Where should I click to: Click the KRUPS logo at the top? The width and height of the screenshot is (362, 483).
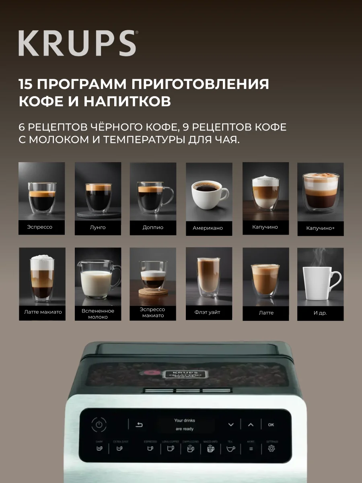tap(77, 43)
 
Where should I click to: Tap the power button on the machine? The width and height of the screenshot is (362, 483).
tap(99, 424)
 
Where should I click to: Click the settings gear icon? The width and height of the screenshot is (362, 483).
tap(271, 448)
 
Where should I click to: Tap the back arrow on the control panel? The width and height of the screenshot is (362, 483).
tap(139, 424)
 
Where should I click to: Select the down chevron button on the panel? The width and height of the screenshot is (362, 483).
tap(230, 424)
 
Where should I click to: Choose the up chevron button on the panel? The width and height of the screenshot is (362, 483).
tap(251, 424)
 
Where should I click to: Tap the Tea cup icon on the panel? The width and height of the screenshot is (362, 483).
tap(230, 448)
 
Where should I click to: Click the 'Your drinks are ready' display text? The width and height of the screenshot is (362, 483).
tap(185, 425)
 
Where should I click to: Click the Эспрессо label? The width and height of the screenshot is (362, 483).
tap(40, 227)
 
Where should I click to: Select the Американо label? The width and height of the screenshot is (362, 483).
tap(208, 228)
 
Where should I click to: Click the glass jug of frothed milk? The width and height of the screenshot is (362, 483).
tap(97, 280)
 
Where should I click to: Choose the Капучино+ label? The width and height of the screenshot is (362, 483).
tap(321, 228)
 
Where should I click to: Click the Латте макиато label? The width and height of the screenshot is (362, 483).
tap(42, 312)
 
